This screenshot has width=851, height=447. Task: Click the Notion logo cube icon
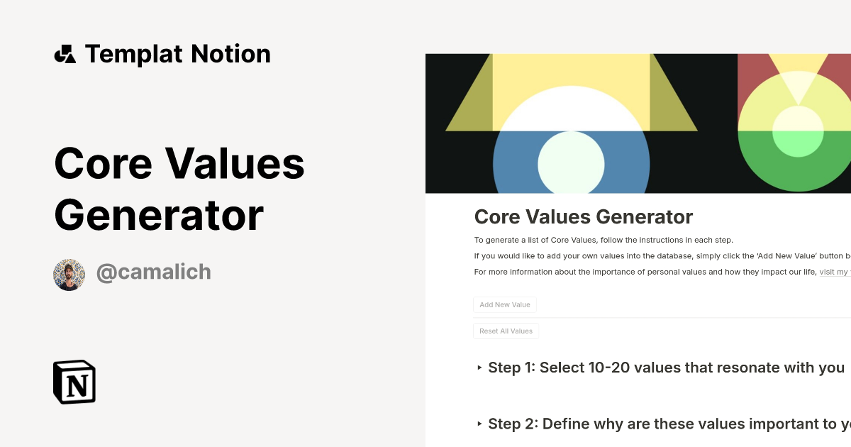click(x=74, y=382)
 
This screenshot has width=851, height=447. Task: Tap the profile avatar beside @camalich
click(x=69, y=275)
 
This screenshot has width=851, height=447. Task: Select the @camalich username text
click(x=153, y=272)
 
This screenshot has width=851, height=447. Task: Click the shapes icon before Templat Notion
click(x=65, y=54)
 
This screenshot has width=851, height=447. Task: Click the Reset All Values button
click(x=506, y=331)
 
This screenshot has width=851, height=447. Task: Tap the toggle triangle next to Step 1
click(x=479, y=368)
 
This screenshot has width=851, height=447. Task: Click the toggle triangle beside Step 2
click(x=479, y=424)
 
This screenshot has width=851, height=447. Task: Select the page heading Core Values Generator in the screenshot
click(x=583, y=216)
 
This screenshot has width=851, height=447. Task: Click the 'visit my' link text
click(x=834, y=272)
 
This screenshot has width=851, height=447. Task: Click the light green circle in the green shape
click(x=798, y=132)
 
